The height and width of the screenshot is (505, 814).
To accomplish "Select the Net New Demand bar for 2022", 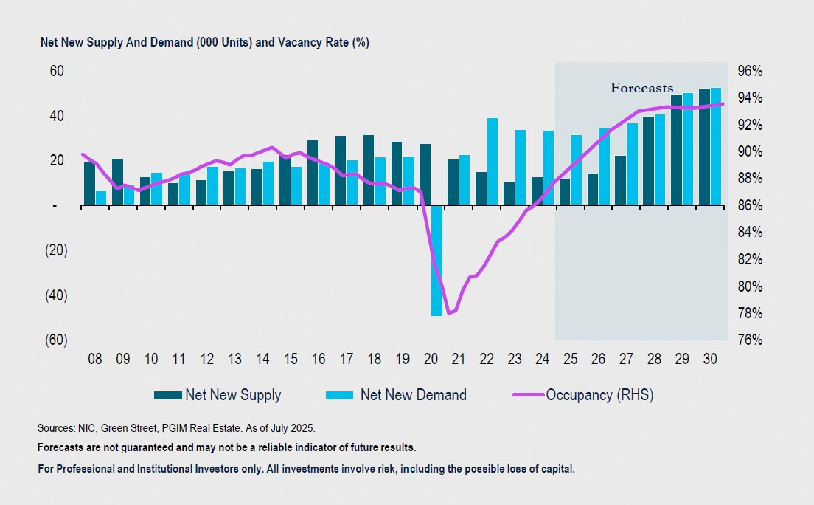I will (x=493, y=162).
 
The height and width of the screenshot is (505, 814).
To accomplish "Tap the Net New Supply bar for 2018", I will (x=368, y=171).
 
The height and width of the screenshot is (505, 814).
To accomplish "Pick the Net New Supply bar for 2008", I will (x=89, y=184).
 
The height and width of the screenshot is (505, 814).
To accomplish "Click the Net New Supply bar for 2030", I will (x=704, y=147).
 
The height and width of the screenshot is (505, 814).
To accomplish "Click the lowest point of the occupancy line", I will (x=450, y=313).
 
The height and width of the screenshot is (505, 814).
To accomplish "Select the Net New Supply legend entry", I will (x=218, y=395).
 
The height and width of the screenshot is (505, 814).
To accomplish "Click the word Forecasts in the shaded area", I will (x=641, y=88).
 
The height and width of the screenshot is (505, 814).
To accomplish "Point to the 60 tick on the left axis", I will (x=57, y=71).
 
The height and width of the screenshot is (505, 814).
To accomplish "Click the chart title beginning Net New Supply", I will (x=204, y=43).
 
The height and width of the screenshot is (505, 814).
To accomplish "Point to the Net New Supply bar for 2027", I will (x=621, y=181).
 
